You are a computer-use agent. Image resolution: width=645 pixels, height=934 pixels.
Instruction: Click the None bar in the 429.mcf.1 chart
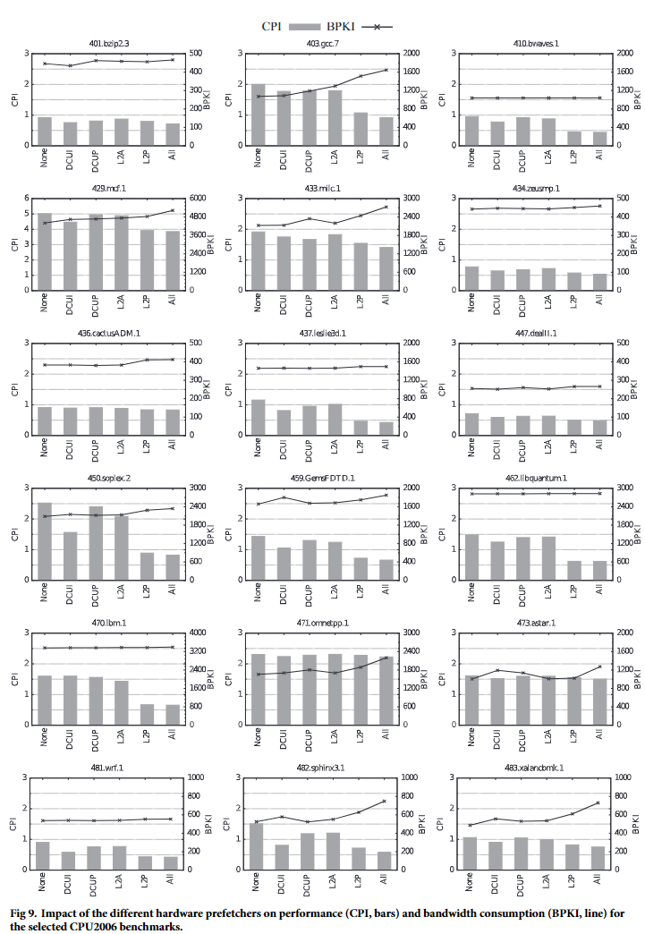[x=45, y=251]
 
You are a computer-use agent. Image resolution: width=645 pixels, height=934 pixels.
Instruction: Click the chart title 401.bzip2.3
[x=108, y=43]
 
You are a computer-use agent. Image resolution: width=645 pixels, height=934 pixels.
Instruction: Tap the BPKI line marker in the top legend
[x=377, y=26]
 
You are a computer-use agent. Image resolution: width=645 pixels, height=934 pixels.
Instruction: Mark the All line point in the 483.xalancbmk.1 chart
[x=598, y=802]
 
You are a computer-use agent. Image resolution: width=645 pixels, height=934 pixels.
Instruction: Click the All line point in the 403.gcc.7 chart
[x=386, y=70]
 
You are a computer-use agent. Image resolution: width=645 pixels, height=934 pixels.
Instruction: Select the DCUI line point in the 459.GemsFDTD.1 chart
[x=283, y=497]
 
